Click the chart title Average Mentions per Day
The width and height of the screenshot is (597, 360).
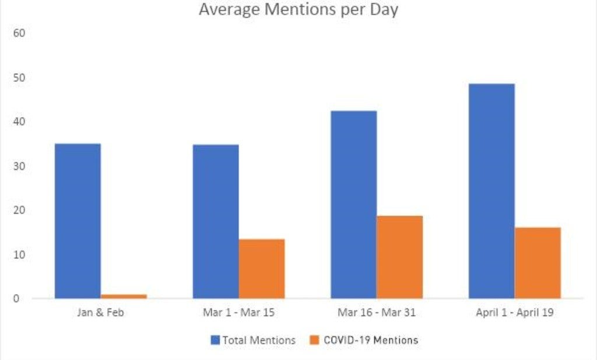point(298,10)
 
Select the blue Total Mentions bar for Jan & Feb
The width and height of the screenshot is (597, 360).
point(78,221)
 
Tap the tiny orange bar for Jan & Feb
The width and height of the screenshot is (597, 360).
point(124,296)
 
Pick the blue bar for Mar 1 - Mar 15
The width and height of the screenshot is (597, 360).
point(216,222)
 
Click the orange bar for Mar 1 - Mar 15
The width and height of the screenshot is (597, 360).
point(262,269)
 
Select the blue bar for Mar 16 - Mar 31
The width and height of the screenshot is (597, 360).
point(353,205)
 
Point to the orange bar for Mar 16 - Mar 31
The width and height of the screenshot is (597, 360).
point(399,257)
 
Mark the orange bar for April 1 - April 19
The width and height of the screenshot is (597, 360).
point(538,263)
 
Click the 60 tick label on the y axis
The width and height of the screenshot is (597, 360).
point(19,33)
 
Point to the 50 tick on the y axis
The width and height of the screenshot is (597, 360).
point(19,78)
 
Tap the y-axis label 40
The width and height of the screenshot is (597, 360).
point(19,122)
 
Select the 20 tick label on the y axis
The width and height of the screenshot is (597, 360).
point(19,210)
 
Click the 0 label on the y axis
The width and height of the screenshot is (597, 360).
point(16,299)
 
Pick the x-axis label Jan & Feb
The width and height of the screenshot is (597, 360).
point(100,313)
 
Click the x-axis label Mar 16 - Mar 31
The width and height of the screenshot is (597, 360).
point(377,313)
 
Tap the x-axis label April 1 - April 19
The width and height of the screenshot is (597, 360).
point(515,313)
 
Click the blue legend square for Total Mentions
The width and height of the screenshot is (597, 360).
point(215,340)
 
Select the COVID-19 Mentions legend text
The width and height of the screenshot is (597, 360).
point(371,340)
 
